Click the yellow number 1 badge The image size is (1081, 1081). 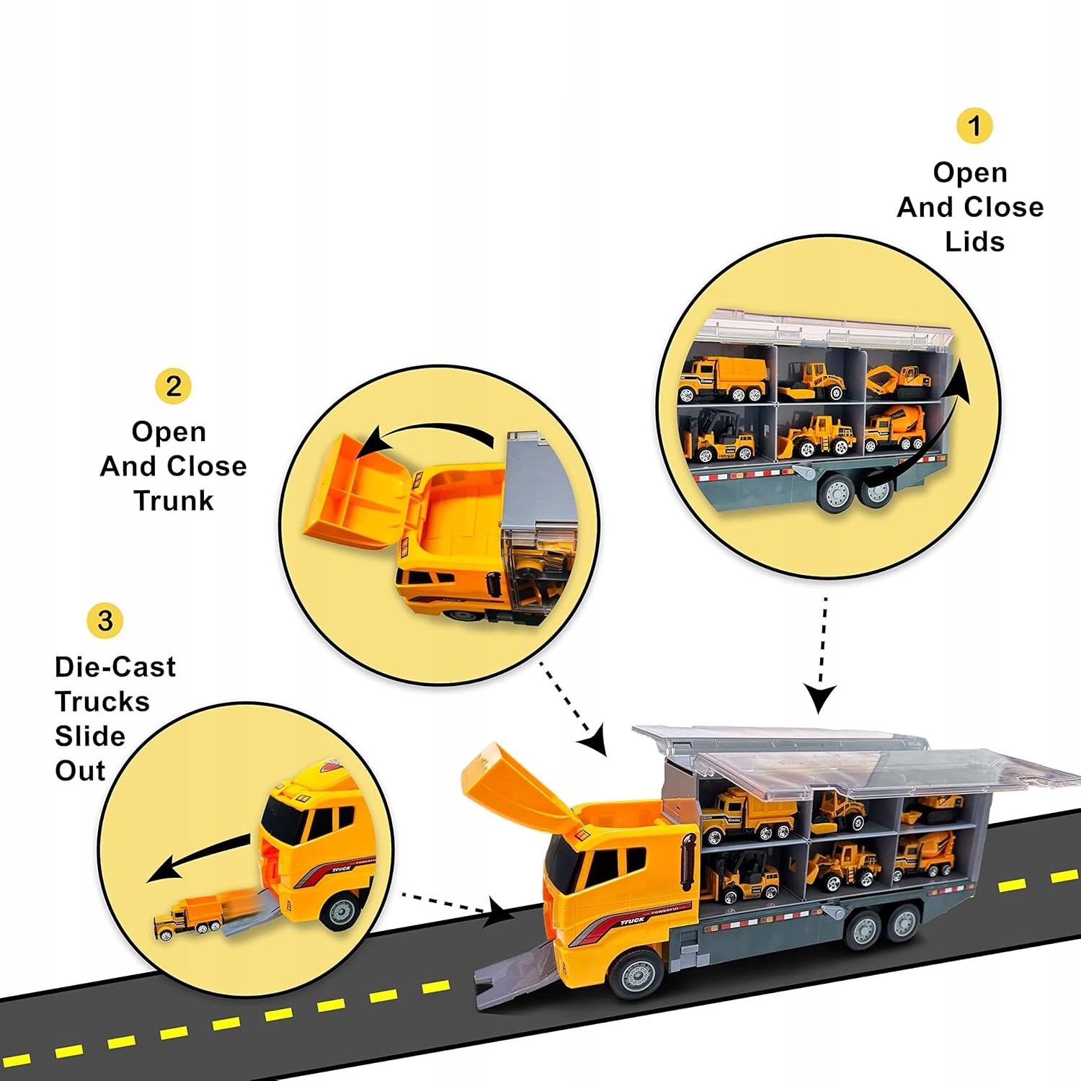pos(974,126)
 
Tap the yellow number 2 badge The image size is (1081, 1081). pos(173,386)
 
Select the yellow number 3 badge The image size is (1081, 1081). pos(105,620)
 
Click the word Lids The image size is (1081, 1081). pos(974,242)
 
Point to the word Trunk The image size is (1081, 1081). pos(174,500)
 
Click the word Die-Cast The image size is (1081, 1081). pos(115,667)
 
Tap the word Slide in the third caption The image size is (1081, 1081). pos(90,736)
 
